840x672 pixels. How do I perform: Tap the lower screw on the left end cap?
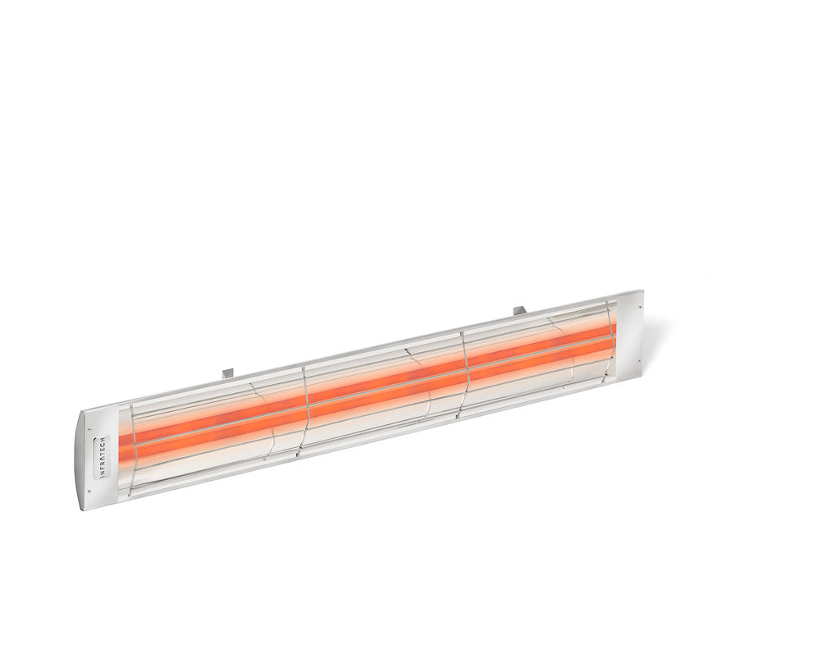pyautogui.click(x=88, y=492)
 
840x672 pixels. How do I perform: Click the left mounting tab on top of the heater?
pyautogui.click(x=228, y=373)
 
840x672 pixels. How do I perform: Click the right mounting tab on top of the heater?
pyautogui.click(x=518, y=310)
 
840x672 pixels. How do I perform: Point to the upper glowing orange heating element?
pyautogui.click(x=369, y=384)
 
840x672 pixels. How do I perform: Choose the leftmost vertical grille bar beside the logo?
pyautogui.click(x=132, y=451)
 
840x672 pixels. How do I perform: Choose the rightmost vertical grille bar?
pyautogui.click(x=611, y=332)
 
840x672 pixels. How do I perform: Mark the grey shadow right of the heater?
pyautogui.click(x=656, y=336)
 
